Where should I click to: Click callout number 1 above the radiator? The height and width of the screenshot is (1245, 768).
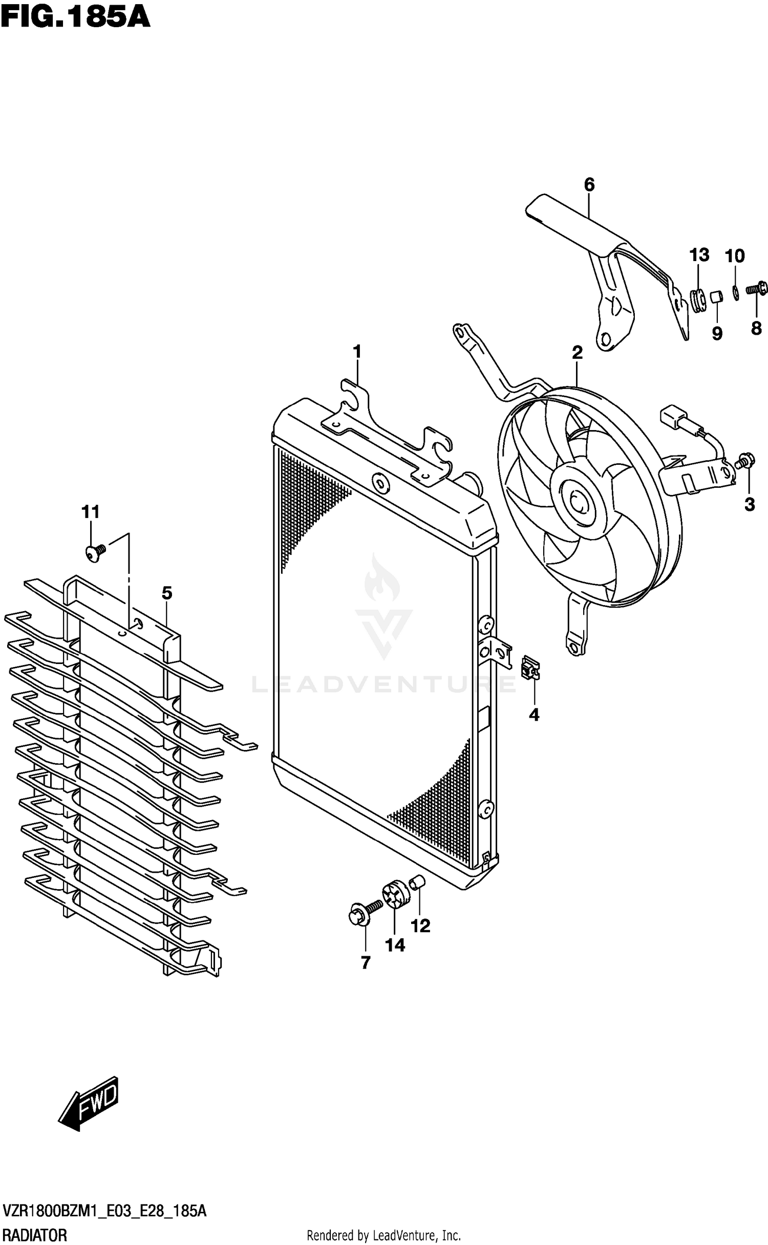click(x=357, y=352)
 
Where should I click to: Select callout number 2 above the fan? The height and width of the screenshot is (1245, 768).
click(x=577, y=352)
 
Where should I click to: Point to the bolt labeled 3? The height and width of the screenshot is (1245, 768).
click(x=745, y=461)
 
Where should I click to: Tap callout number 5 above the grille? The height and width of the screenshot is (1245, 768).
click(x=167, y=593)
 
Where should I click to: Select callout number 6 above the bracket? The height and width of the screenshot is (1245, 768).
click(x=589, y=184)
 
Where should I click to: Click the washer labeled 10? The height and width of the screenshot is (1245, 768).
click(x=735, y=292)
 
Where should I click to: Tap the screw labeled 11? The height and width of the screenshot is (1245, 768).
click(x=94, y=552)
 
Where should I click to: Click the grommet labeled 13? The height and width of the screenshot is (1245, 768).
click(x=697, y=300)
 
